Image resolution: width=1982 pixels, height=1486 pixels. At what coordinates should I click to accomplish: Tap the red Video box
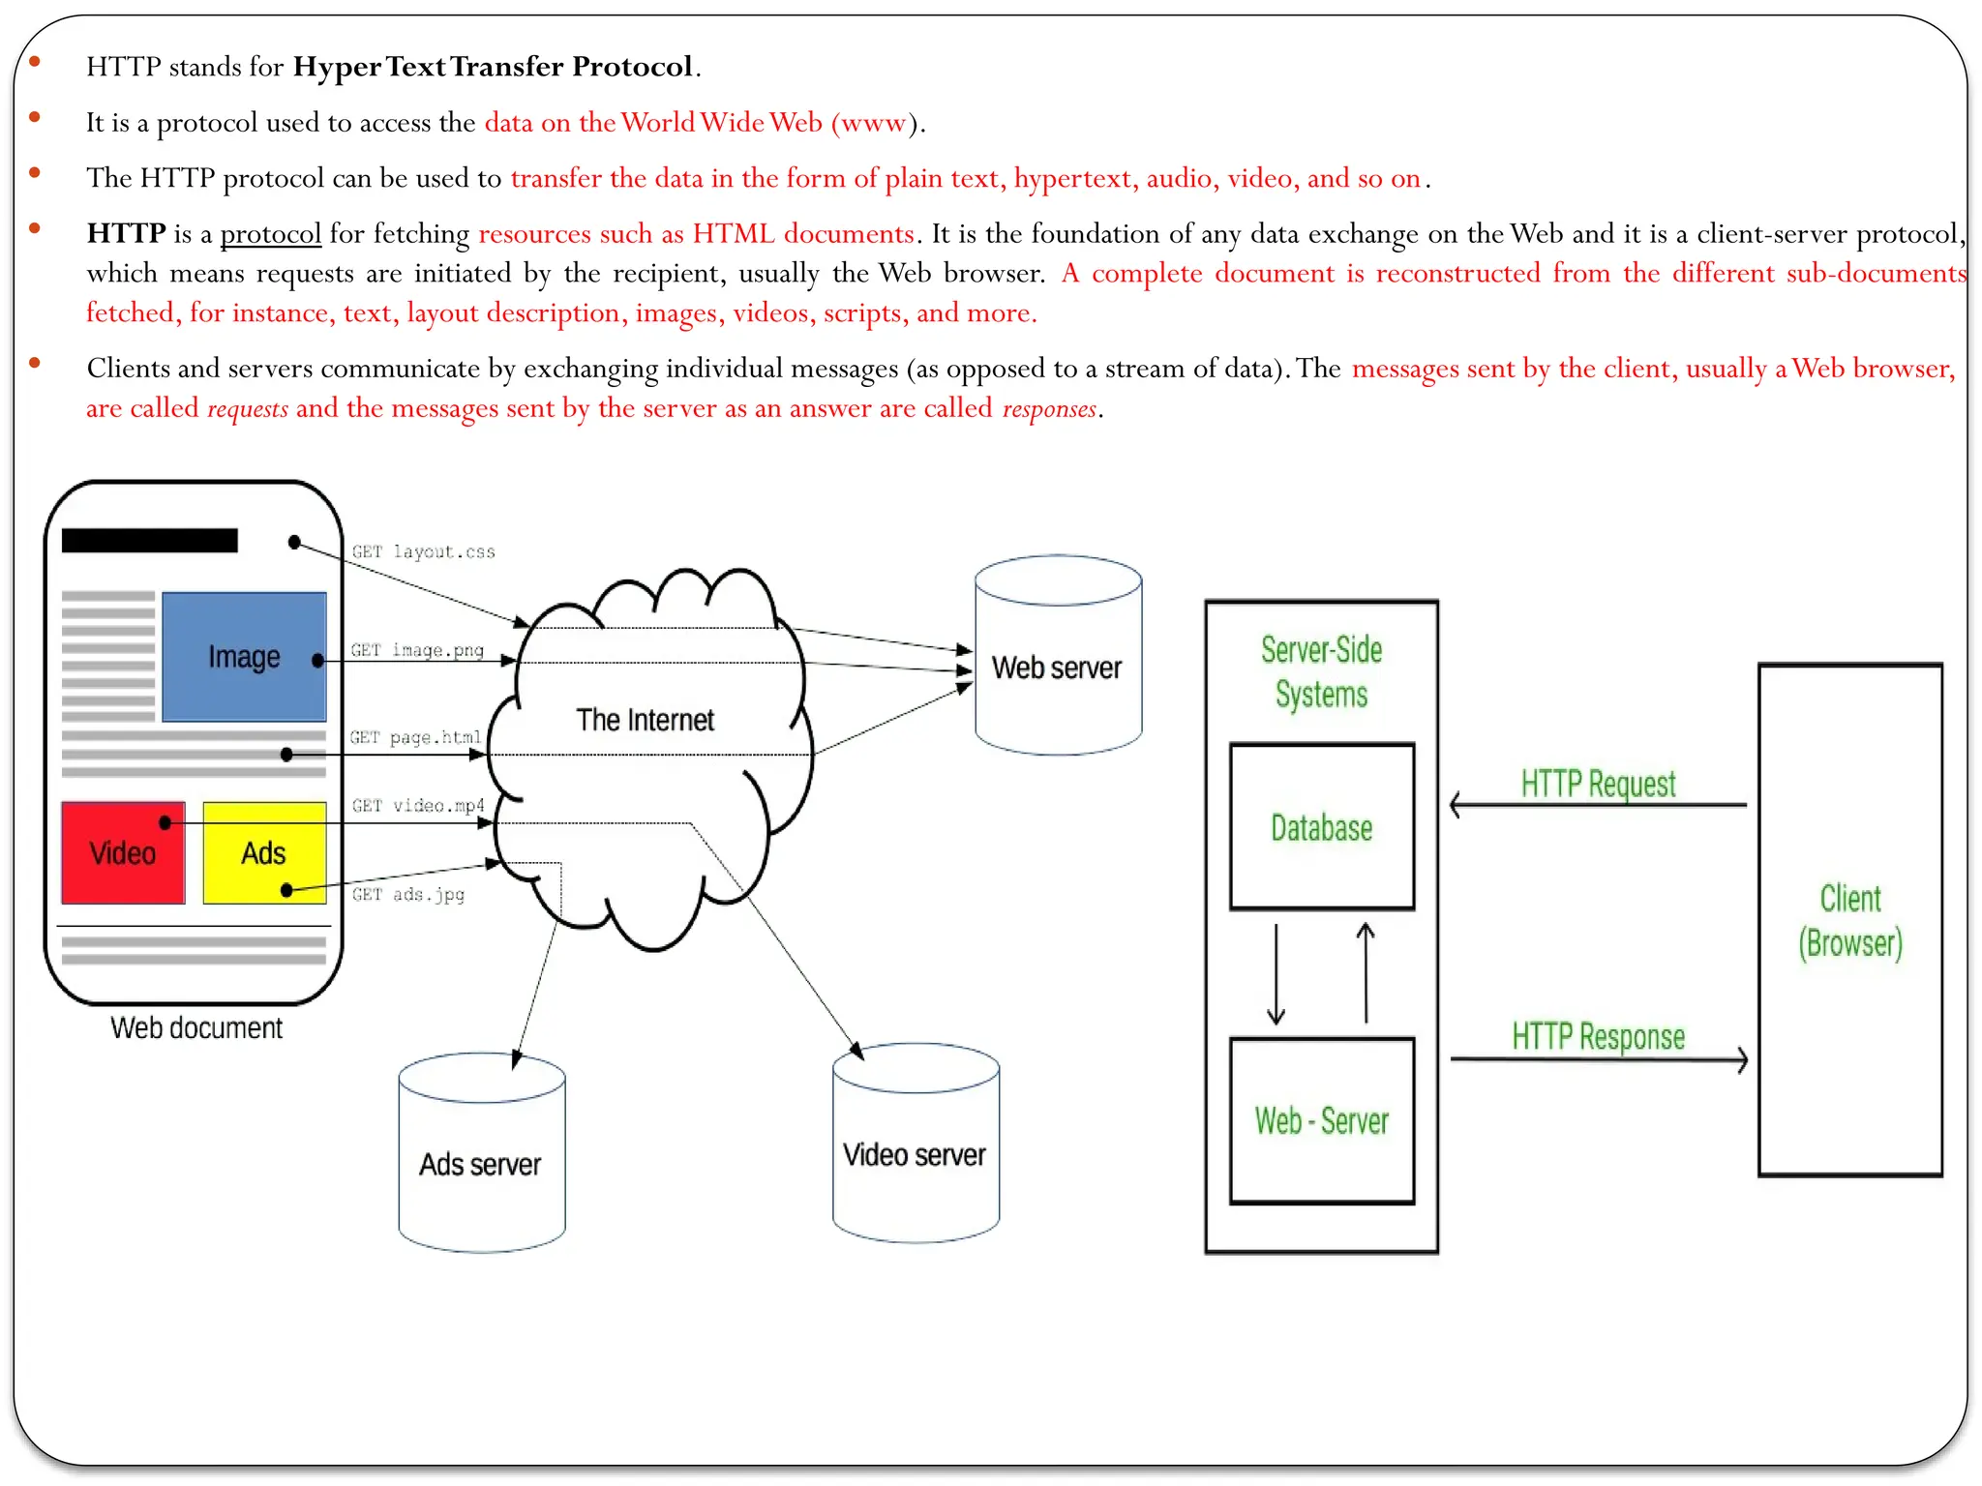pyautogui.click(x=123, y=853)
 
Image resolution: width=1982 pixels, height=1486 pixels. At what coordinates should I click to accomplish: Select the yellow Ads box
pyautogui.click(x=263, y=853)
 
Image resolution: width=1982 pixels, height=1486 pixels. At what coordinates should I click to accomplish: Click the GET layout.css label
pyautogui.click(x=423, y=551)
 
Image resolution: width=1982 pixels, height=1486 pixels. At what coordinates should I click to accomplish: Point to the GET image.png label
pyautogui.click(x=417, y=650)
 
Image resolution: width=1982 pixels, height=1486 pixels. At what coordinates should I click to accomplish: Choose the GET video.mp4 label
pyautogui.click(x=417, y=805)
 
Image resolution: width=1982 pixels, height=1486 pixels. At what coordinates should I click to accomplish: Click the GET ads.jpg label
pyautogui.click(x=407, y=894)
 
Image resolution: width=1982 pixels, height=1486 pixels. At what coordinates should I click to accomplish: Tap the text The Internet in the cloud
pyautogui.click(x=645, y=720)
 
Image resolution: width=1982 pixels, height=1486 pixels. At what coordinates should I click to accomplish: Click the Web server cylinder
pyautogui.click(x=1057, y=668)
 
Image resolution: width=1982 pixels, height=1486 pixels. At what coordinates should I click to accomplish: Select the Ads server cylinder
pyautogui.click(x=481, y=1163)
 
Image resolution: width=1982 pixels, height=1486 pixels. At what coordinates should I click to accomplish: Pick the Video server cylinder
pyautogui.click(x=915, y=1153)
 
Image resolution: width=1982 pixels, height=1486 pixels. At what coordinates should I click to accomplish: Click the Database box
pyautogui.click(x=1321, y=827)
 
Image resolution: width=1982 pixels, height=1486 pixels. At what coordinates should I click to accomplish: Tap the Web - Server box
pyautogui.click(x=1321, y=1120)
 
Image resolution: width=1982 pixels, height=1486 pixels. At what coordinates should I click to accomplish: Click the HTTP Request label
pyautogui.click(x=1598, y=783)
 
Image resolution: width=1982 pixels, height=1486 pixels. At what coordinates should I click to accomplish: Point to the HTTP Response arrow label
pyautogui.click(x=1598, y=1036)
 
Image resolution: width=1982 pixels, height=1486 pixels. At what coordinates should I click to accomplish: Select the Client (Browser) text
pyautogui.click(x=1849, y=920)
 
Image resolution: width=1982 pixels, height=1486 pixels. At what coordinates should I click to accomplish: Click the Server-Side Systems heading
pyautogui.click(x=1321, y=671)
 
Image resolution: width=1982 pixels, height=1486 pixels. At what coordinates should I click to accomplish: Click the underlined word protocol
pyautogui.click(x=270, y=234)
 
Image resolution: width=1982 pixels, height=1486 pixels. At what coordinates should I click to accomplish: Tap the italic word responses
pyautogui.click(x=1049, y=408)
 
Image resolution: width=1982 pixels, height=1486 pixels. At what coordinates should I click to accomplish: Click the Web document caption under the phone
pyautogui.click(x=196, y=1027)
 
